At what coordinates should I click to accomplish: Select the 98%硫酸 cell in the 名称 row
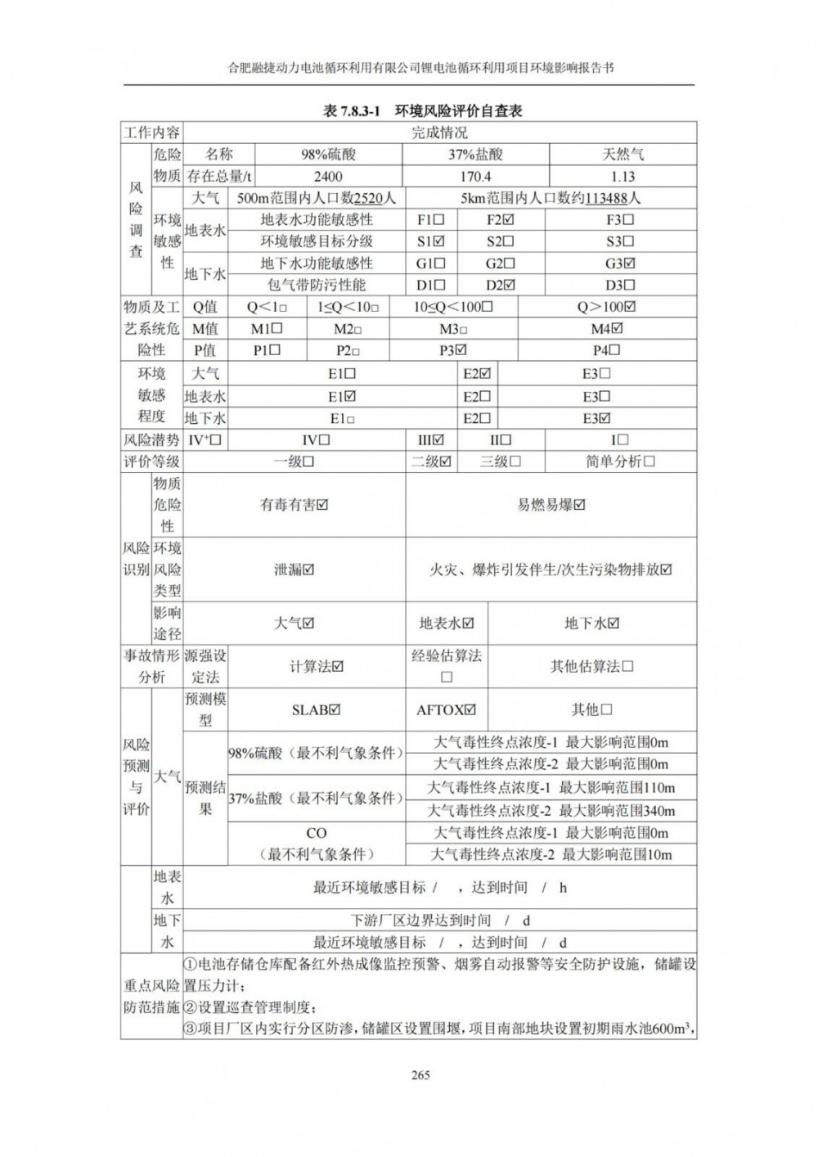pyautogui.click(x=328, y=154)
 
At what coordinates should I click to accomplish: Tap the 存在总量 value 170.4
pyautogui.click(x=475, y=176)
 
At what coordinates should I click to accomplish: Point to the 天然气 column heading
pyautogui.click(x=622, y=154)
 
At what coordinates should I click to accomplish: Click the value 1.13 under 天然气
pyautogui.click(x=622, y=176)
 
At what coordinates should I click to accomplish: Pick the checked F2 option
pyautogui.click(x=500, y=219)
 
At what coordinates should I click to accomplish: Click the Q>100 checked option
pyautogui.click(x=606, y=307)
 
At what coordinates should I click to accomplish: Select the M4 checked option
pyautogui.click(x=607, y=328)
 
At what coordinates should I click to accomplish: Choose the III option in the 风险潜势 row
pyautogui.click(x=431, y=440)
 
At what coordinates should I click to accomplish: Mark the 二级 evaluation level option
pyautogui.click(x=431, y=461)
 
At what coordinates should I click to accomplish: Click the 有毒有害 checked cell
pyautogui.click(x=294, y=505)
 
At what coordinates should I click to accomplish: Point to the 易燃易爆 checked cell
pyautogui.click(x=551, y=505)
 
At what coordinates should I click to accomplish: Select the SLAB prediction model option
pyautogui.click(x=316, y=710)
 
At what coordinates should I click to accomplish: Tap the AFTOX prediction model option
pyautogui.click(x=446, y=710)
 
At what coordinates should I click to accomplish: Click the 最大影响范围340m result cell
pyautogui.click(x=552, y=811)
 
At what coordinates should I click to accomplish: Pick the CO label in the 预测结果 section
pyautogui.click(x=317, y=833)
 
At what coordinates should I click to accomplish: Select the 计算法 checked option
pyautogui.click(x=317, y=667)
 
